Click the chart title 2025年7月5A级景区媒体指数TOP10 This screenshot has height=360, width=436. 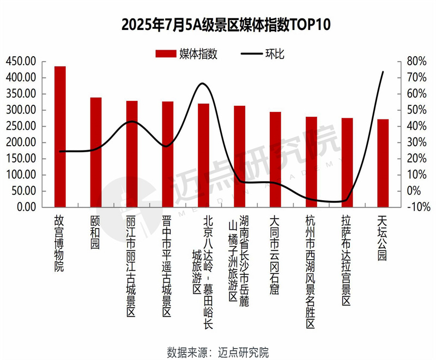219,25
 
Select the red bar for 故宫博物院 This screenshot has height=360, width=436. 60,136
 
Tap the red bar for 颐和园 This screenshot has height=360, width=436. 96,152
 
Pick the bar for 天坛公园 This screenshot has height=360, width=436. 383,163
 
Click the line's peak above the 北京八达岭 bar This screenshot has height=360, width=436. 202,83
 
